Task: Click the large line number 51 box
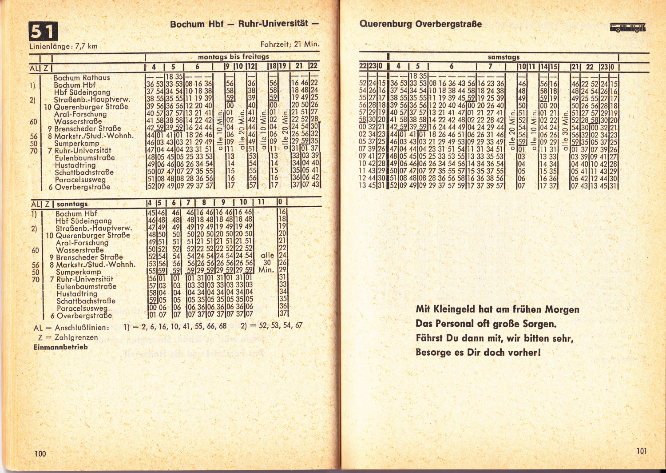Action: pos(43,32)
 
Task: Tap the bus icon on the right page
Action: pos(627,28)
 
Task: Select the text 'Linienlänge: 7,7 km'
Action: pos(63,46)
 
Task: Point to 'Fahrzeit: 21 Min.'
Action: pos(290,44)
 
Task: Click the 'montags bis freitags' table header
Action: pos(234,57)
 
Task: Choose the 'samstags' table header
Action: pos(503,57)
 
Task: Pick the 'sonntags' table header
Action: pos(72,204)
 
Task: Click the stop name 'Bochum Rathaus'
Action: pos(82,77)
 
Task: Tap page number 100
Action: pos(40,453)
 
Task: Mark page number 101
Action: pos(642,451)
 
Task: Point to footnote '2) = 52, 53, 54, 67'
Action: pos(271,325)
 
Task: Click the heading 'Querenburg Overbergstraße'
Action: pos(420,24)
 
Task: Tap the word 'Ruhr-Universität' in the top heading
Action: pos(273,24)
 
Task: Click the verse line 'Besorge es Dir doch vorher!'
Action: pos(478,353)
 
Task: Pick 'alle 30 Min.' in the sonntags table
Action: pos(267,262)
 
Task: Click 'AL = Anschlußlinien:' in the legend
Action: pos(71,328)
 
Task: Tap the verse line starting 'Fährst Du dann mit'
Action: pos(495,338)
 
